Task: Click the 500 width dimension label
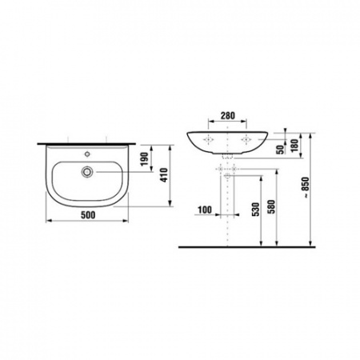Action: [88, 214]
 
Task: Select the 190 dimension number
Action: [144, 158]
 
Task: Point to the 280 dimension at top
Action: [228, 115]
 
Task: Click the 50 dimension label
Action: [281, 150]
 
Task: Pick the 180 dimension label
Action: [294, 146]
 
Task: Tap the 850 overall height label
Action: [305, 186]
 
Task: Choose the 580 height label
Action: [271, 207]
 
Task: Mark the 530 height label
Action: [255, 210]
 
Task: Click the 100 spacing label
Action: [205, 210]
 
